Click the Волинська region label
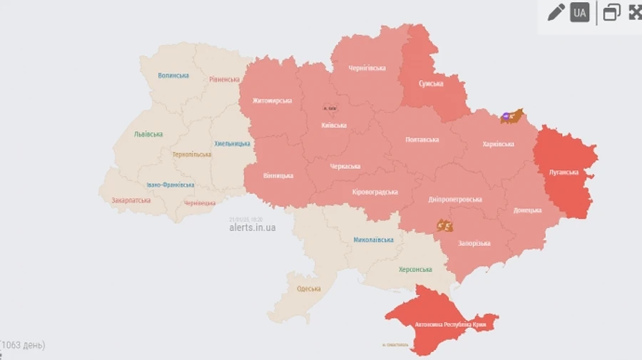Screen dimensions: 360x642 click(x=173, y=75)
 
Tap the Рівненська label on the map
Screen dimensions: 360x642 click(x=224, y=79)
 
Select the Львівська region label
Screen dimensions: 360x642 click(x=148, y=134)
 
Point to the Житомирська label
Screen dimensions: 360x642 click(x=272, y=101)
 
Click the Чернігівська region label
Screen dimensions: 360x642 click(x=367, y=68)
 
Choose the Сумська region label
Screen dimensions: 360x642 click(x=430, y=83)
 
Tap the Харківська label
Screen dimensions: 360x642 click(x=498, y=144)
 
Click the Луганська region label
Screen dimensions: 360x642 click(x=564, y=172)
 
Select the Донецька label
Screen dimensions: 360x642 click(x=527, y=210)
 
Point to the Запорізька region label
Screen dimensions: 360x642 click(x=474, y=243)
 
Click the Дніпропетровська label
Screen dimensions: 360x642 click(x=455, y=200)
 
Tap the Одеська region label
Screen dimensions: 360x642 click(x=309, y=289)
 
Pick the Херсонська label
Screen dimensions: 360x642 click(x=414, y=269)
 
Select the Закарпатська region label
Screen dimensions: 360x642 click(x=131, y=200)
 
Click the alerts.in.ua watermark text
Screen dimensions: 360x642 click(x=252, y=227)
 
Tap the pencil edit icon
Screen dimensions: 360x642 click(x=556, y=12)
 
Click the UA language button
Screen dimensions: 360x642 click(x=579, y=12)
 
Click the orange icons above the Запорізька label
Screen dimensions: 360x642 click(x=445, y=226)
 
